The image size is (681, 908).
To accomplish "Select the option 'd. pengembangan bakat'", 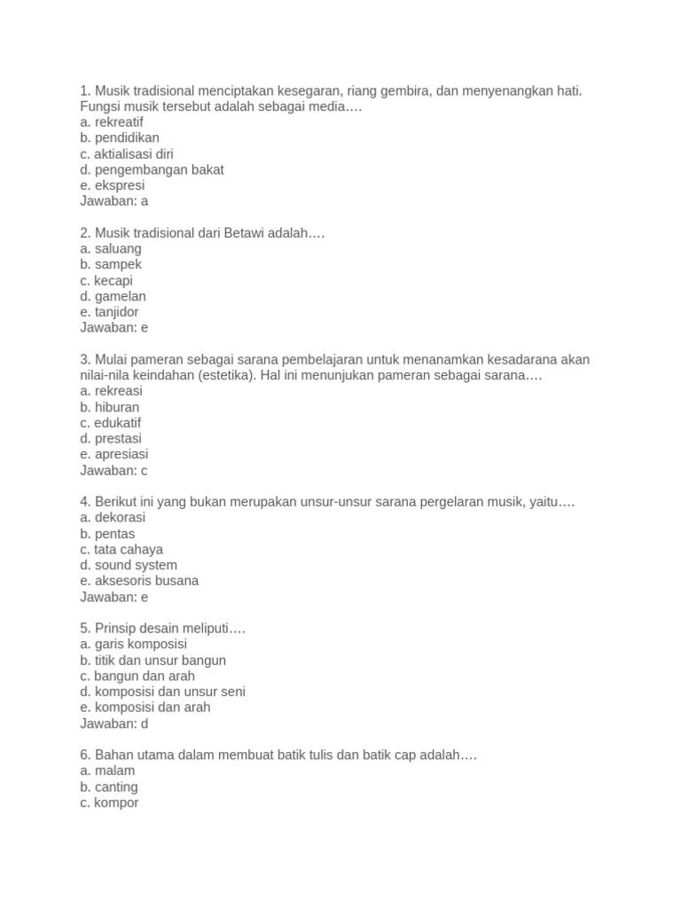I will click(x=152, y=169).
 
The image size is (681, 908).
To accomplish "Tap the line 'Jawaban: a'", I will click(x=113, y=201).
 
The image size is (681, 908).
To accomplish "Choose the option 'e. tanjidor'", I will click(x=109, y=312).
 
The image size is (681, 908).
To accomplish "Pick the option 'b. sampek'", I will click(x=111, y=264).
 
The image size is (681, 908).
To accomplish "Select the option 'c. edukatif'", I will click(x=111, y=423).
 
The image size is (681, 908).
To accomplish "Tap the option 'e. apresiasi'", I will click(x=114, y=455).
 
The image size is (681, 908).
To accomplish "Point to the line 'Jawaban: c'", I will click(x=113, y=471).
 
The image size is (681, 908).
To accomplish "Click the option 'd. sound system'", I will click(x=129, y=565).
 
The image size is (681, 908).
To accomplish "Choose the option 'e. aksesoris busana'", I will click(x=139, y=581).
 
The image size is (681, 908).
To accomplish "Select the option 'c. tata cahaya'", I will click(x=121, y=550).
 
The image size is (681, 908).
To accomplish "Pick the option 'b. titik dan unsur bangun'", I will click(x=153, y=661).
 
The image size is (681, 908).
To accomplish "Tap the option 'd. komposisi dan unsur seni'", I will click(x=162, y=692).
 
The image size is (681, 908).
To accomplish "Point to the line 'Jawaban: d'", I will click(x=113, y=724).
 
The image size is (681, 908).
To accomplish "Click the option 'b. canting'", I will click(x=109, y=787).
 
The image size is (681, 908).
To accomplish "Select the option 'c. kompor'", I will click(x=109, y=803).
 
